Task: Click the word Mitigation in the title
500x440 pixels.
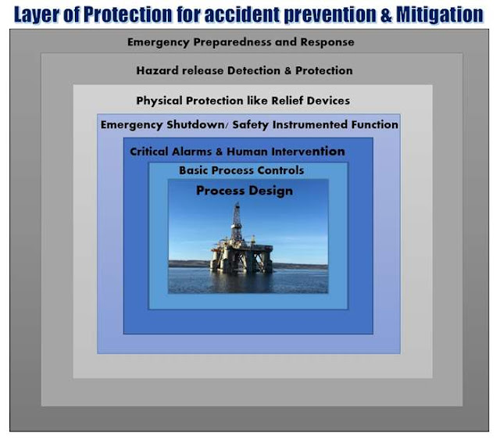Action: click(441, 14)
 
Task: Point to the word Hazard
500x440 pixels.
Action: click(155, 70)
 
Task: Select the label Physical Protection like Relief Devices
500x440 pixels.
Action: click(243, 101)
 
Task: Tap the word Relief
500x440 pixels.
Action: click(288, 101)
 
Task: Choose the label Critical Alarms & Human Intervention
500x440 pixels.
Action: click(237, 152)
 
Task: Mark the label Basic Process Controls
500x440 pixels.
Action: click(241, 170)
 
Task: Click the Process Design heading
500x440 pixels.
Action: click(245, 191)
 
